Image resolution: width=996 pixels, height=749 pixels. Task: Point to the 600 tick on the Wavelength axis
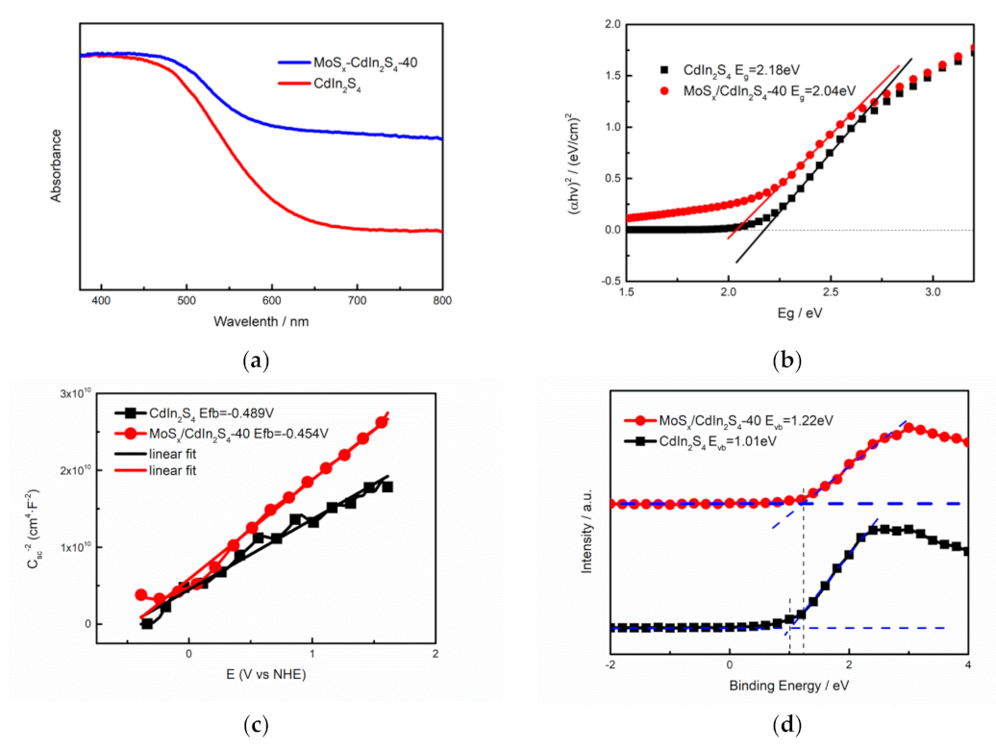(272, 300)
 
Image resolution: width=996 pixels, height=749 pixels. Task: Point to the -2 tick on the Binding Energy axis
(610, 663)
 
